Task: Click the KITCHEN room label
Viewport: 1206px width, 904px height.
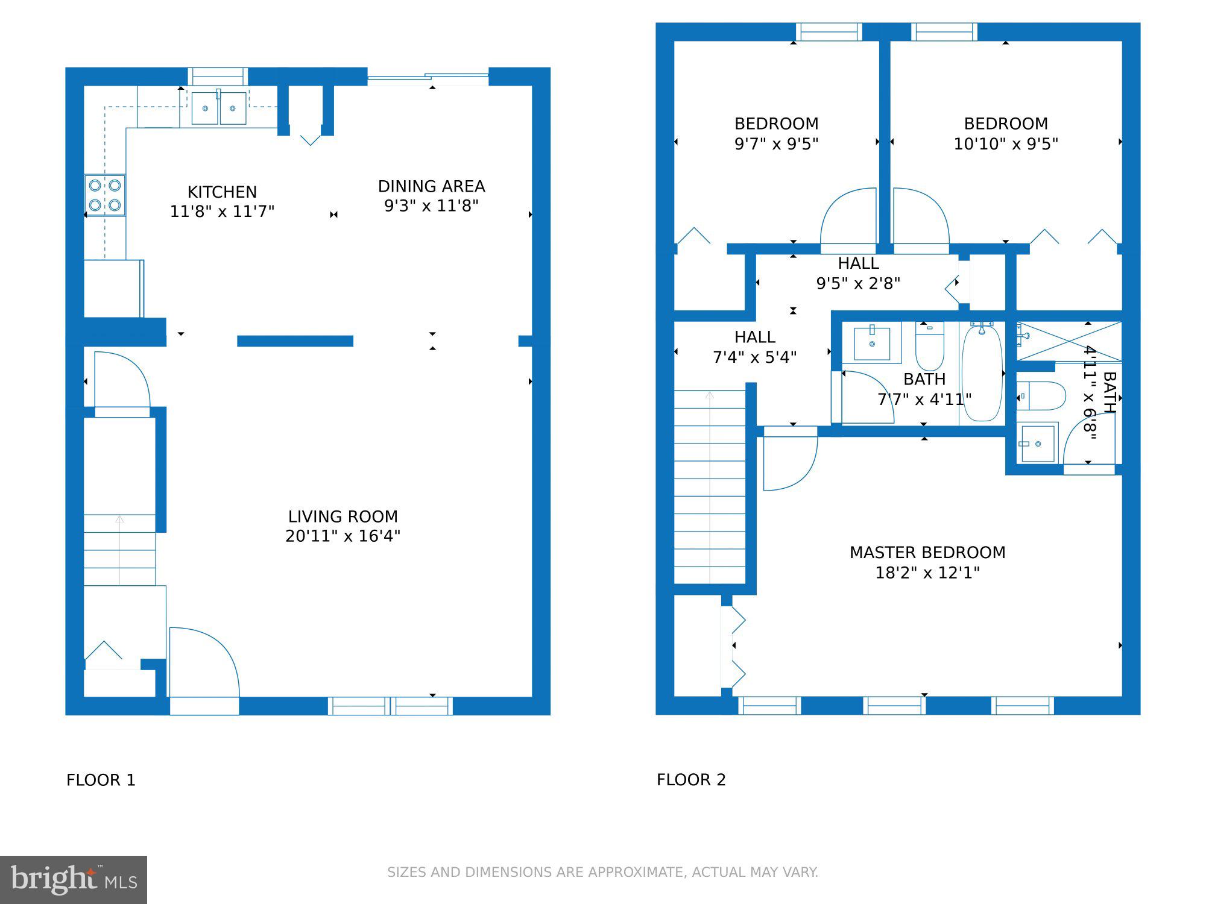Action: (222, 192)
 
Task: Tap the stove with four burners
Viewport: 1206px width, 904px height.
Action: (105, 195)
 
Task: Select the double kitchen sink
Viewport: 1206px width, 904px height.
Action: (218, 108)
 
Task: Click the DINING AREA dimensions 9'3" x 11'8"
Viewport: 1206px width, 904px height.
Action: (431, 206)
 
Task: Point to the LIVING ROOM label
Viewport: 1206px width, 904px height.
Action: (343, 516)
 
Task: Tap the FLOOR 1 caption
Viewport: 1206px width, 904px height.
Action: (101, 780)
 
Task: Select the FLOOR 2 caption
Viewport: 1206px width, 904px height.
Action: (691, 780)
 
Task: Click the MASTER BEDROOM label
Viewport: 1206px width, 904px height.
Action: (927, 552)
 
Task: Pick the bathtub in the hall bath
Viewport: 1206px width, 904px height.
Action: (982, 372)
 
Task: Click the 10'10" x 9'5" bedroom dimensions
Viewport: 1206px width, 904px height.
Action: (1005, 144)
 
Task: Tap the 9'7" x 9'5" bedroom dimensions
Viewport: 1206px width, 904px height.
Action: (776, 144)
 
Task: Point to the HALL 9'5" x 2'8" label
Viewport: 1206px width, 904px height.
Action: (857, 273)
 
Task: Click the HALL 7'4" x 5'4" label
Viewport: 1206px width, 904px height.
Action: (754, 347)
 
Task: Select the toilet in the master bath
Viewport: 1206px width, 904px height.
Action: (1042, 396)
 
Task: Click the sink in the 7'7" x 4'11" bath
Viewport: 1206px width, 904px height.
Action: (872, 344)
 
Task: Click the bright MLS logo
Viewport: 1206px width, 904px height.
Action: (74, 879)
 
